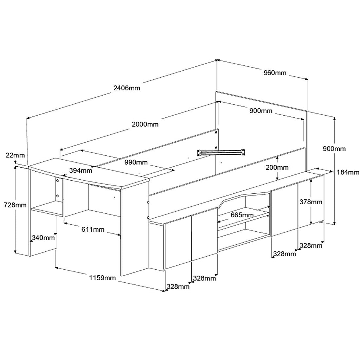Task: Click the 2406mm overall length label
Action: click(x=127, y=88)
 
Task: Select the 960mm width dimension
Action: click(x=275, y=73)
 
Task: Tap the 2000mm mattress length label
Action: click(x=145, y=124)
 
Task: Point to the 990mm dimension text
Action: click(x=136, y=162)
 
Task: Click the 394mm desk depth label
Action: click(x=81, y=171)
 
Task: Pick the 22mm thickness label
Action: click(x=15, y=155)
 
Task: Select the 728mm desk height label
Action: click(x=15, y=205)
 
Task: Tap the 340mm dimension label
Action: click(x=43, y=237)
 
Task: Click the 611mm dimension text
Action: click(x=93, y=229)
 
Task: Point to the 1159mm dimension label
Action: click(x=102, y=278)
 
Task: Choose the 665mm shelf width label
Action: click(x=242, y=215)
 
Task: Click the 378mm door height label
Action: click(x=311, y=202)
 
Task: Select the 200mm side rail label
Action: click(x=277, y=167)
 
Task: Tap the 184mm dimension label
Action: click(x=348, y=172)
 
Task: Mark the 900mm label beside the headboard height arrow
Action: click(x=334, y=149)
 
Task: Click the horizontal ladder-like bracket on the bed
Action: click(x=221, y=152)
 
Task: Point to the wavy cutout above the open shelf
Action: click(x=244, y=199)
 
